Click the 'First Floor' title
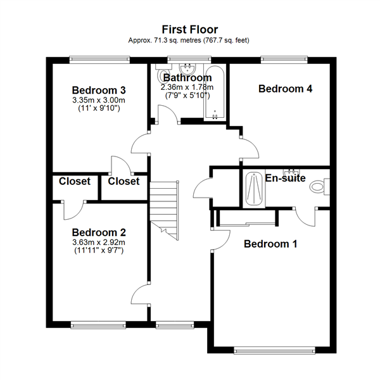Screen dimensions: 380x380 pos(190,29)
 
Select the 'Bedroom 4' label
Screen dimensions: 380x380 pos(285,89)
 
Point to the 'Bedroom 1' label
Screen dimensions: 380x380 pos(270,244)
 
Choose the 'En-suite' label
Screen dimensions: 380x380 pos(285,179)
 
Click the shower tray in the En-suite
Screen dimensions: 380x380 pos(254,189)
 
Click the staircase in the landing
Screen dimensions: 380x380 pos(165,206)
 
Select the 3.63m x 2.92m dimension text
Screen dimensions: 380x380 pos(98,242)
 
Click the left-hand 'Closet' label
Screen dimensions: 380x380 pos(75,181)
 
